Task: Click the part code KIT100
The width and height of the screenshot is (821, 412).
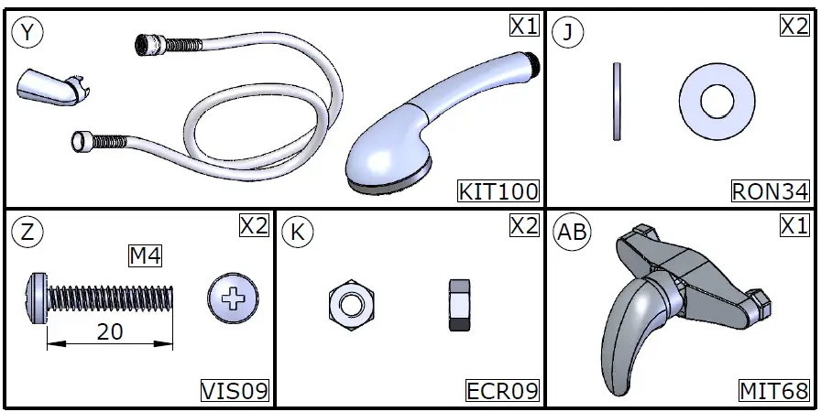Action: coord(498,192)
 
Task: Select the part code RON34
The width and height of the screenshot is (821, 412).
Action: coord(771,192)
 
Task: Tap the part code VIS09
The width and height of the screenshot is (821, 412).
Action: coord(235,392)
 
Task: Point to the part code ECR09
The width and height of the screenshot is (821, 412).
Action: coord(502,392)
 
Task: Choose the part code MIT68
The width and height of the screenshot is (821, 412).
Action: coord(774,392)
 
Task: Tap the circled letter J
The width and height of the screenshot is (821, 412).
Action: coord(570,34)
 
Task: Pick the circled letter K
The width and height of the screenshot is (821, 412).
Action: coord(296,232)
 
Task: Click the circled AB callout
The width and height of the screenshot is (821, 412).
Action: coord(574,232)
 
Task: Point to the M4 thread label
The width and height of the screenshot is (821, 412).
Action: coord(145,257)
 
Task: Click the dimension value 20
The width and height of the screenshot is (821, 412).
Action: coord(110,332)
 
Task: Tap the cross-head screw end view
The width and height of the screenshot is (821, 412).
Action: coord(234,298)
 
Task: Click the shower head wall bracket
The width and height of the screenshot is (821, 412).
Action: coord(45,89)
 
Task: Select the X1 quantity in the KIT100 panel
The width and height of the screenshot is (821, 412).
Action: coord(524,26)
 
